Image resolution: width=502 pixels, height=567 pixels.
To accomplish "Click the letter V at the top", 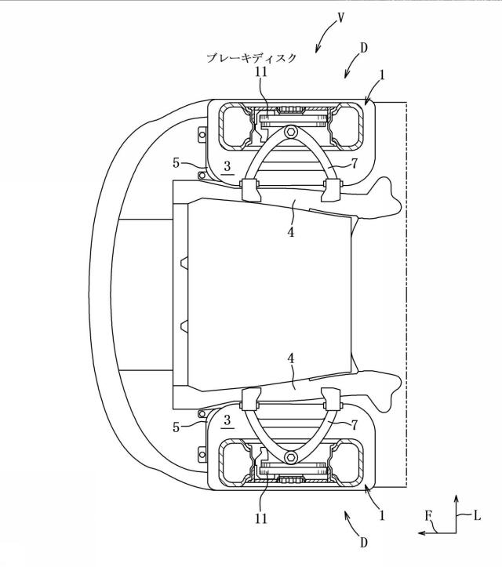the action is (x=340, y=18).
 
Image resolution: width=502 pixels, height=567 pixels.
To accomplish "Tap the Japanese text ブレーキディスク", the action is (x=251, y=58).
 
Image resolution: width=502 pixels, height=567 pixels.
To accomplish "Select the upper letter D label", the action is (x=364, y=48).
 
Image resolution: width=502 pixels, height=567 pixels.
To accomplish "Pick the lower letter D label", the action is (x=364, y=542).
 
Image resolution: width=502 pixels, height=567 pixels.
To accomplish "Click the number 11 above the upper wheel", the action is (x=261, y=71).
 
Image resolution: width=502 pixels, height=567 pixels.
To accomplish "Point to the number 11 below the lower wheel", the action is (x=261, y=518).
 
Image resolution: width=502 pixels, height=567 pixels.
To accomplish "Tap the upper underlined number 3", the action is (x=227, y=166).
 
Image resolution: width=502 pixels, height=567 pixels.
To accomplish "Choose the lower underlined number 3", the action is (x=227, y=420).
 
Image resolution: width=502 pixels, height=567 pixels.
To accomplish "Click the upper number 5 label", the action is (x=176, y=163).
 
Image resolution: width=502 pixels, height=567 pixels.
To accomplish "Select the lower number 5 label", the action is (x=176, y=427).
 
